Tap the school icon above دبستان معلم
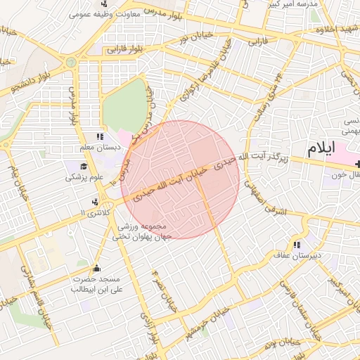[x=99, y=137]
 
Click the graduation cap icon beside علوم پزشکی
[x=84, y=167]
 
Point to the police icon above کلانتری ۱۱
[x=95, y=202]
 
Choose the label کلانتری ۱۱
[x=97, y=212]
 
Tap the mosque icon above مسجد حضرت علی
[x=97, y=269]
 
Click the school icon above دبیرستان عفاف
[x=297, y=245]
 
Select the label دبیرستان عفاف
[x=297, y=255]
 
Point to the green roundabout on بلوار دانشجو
[x=70, y=63]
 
